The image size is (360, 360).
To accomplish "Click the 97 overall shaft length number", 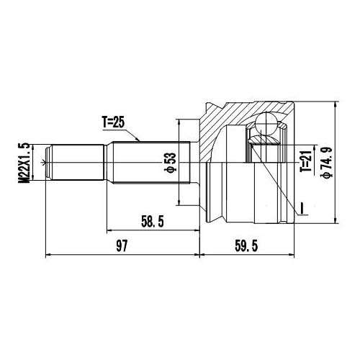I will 121,246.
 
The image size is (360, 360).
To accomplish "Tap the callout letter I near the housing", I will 302,209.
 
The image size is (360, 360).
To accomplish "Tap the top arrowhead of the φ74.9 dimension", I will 336,105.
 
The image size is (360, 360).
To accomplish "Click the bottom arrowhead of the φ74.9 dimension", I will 336,220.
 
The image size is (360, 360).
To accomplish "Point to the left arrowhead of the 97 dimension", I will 48,253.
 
